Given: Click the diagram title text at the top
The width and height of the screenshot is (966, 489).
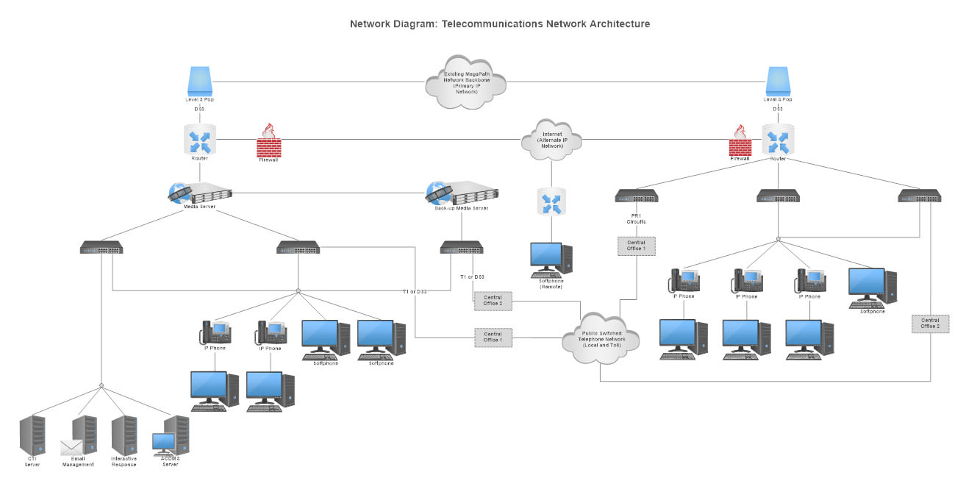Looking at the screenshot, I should tap(499, 24).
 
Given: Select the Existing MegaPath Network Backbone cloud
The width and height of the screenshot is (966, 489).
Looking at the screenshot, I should tap(466, 82).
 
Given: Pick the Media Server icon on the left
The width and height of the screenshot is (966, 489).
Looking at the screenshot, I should tap(200, 193).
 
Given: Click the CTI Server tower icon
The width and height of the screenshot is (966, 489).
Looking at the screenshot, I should tap(32, 438).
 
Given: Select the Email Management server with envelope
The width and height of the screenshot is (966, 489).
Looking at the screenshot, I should tap(81, 438).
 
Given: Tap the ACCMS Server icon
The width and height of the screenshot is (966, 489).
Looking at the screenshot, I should tap(172, 438).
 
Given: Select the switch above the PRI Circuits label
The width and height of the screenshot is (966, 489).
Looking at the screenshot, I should tap(636, 196).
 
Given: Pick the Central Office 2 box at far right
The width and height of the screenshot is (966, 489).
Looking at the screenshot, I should tap(930, 324).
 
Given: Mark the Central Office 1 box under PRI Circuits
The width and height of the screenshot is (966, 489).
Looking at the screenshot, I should tap(636, 246).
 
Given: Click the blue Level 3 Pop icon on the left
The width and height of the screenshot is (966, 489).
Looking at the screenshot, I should tap(199, 81).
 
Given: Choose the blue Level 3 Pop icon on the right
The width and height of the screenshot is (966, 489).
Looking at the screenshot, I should tap(778, 81).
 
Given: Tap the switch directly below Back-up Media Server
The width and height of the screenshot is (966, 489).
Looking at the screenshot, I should tap(462, 248).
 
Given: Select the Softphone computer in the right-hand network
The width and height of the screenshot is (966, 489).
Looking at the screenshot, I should tap(872, 288).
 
